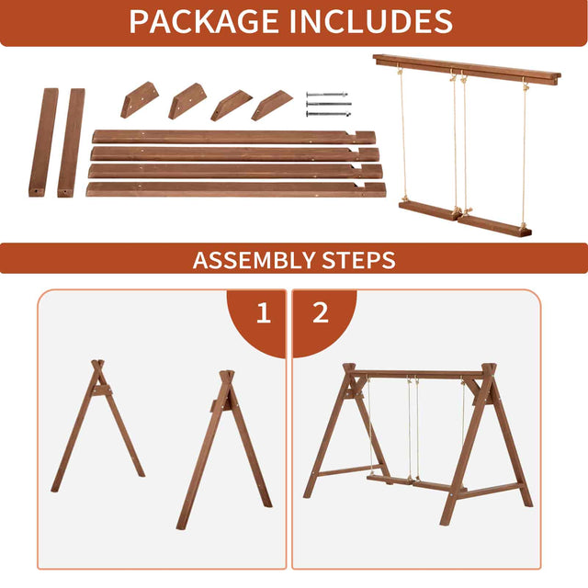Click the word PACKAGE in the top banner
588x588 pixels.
(x=204, y=21)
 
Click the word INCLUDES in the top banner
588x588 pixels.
(x=371, y=21)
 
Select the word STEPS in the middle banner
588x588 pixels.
(x=358, y=260)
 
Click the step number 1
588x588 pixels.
(x=264, y=312)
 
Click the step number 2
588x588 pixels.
(x=321, y=312)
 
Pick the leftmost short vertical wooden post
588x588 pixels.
(x=43, y=142)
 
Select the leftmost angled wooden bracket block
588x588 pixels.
(x=140, y=100)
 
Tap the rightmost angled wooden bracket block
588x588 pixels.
(x=272, y=106)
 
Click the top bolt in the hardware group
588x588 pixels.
(x=327, y=94)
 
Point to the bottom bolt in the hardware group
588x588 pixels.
(x=329, y=114)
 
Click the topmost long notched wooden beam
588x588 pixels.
(x=233, y=137)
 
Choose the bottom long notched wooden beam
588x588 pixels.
(x=236, y=190)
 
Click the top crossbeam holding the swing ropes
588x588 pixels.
(x=467, y=70)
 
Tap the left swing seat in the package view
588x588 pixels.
(x=428, y=211)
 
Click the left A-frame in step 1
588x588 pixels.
(x=98, y=426)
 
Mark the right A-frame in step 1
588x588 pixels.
(x=224, y=450)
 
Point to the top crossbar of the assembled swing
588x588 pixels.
(x=417, y=374)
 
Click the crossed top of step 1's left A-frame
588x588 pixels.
(x=98, y=366)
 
